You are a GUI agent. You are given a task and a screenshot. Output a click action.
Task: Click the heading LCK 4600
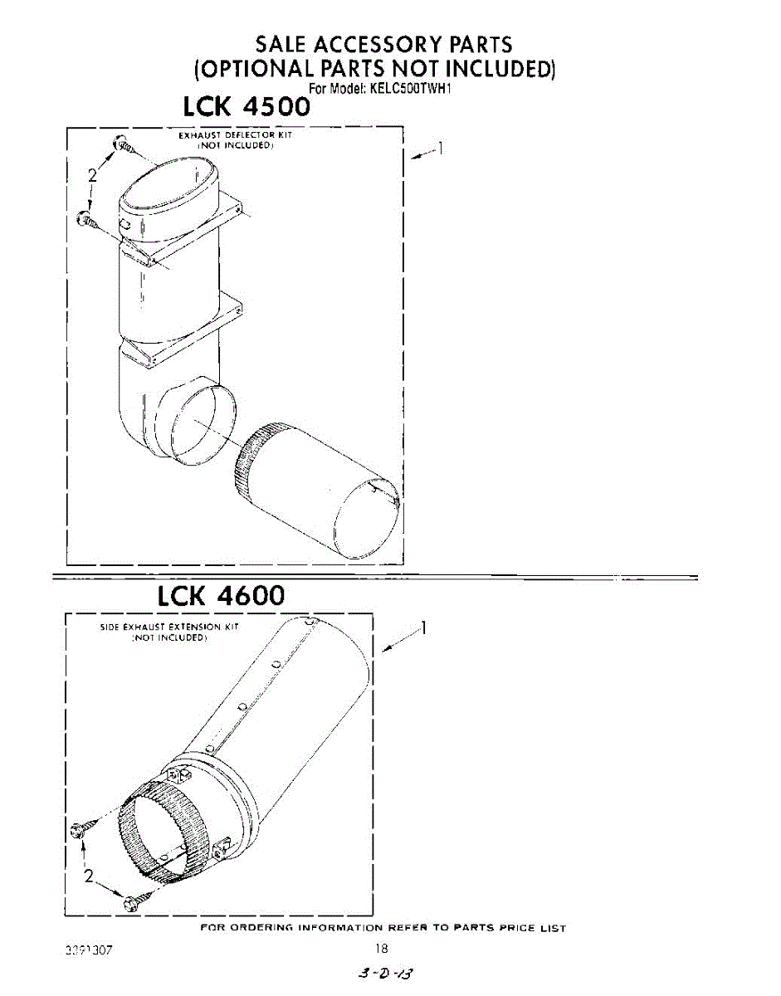221,594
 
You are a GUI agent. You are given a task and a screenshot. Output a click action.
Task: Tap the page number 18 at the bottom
381,948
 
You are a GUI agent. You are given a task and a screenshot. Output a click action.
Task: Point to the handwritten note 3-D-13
381,972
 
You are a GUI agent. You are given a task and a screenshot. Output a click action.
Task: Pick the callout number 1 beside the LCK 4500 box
442,149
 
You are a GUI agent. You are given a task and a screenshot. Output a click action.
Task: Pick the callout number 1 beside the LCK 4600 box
423,627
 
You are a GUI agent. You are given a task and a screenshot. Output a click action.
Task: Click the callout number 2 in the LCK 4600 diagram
89,876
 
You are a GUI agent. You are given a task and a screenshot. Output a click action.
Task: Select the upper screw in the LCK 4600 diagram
82,828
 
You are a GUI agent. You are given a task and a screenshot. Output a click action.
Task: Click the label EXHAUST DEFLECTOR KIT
236,134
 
